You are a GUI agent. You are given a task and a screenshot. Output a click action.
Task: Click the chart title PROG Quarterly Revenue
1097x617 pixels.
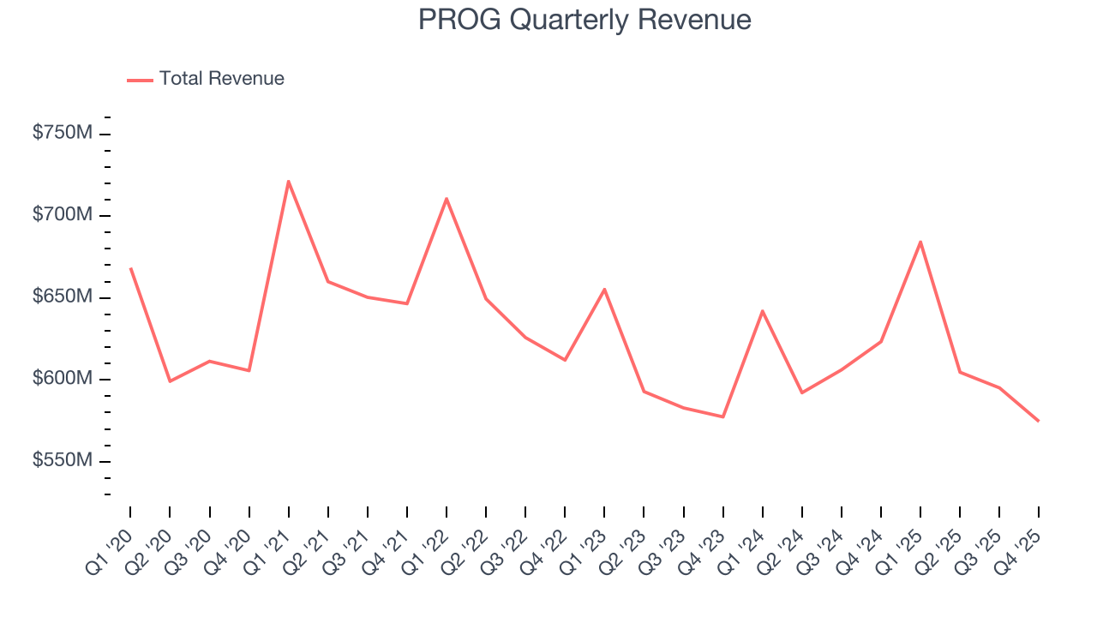pos(584,20)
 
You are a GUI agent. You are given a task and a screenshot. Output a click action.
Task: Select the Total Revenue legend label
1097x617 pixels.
pos(221,79)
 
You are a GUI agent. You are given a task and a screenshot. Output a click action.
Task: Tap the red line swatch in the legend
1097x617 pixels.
pos(140,80)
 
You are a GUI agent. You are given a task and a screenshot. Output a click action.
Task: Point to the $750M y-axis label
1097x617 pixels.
pos(63,133)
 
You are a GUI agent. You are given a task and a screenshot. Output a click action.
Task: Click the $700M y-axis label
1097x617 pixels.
pos(63,214)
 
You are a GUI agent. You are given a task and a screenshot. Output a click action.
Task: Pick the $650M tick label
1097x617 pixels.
pos(63,297)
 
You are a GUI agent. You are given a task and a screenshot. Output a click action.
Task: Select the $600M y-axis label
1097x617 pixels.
pos(63,379)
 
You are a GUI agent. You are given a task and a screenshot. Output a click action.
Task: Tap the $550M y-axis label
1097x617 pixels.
pos(63,461)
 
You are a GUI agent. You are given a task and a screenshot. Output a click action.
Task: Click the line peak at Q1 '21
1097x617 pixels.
pos(289,181)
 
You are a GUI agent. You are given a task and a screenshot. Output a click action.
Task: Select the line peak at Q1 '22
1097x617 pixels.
pos(447,198)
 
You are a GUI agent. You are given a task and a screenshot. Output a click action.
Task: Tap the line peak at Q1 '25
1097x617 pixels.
pos(920,242)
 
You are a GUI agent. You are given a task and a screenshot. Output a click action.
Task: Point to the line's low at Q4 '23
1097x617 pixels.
pos(723,416)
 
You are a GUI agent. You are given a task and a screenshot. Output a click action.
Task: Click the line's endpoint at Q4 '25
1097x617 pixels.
pos(1039,421)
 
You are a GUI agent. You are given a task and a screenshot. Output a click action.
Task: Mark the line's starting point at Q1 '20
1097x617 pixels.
pos(130,268)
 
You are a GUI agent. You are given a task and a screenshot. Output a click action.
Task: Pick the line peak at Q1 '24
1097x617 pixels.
pos(762,311)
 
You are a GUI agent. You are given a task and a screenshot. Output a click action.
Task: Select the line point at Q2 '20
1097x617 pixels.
pos(170,380)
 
